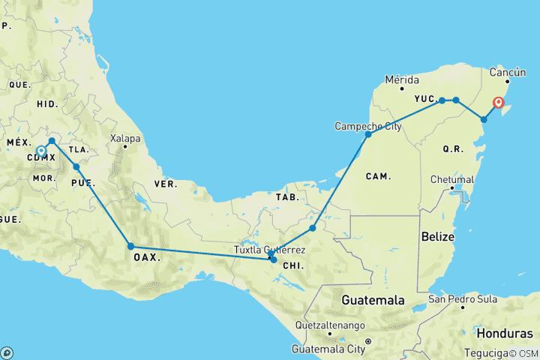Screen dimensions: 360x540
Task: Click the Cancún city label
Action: (502, 73)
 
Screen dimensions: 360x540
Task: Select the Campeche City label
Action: (368, 125)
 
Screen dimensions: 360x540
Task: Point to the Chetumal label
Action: (451, 179)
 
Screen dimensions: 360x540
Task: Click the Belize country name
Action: (437, 236)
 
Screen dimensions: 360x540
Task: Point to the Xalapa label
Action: (124, 139)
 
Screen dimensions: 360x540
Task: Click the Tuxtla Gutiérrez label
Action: (270, 249)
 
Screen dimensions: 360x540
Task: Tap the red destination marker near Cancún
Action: (498, 103)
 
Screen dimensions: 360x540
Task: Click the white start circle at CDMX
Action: (41, 150)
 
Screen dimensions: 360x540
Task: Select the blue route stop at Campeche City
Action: (368, 134)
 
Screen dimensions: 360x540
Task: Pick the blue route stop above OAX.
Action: (130, 246)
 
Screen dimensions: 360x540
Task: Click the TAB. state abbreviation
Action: (288, 197)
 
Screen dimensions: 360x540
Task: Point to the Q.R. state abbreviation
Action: (452, 149)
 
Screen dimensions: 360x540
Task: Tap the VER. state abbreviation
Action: (165, 184)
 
